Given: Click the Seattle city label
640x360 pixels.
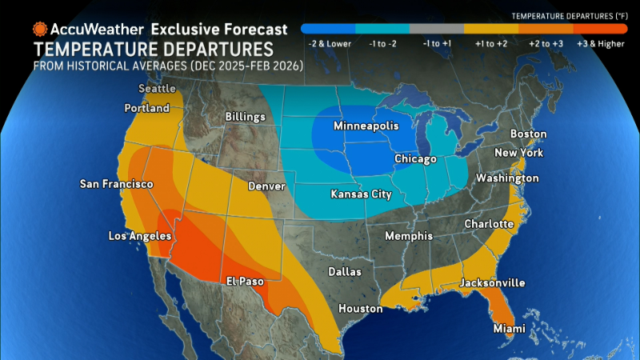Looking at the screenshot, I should point(157,88).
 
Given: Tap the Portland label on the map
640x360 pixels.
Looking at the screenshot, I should point(147,108).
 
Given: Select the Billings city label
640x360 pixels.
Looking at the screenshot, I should point(245,117).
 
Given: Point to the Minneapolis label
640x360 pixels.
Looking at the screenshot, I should point(366,126).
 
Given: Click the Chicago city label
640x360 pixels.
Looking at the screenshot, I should point(415,159).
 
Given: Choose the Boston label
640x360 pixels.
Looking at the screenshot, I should point(528,134).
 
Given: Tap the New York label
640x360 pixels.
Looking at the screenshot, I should point(518,153).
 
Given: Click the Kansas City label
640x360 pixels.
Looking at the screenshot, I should point(366,194).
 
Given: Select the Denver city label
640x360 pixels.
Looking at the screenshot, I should point(266,186).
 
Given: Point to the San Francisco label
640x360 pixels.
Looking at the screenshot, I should point(116,184).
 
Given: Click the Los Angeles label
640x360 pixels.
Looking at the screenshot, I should point(140,236).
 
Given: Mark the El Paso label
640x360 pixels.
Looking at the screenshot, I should point(245,281).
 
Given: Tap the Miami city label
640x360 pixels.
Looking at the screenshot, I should point(509,329).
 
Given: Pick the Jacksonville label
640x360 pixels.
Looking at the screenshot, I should point(491,283).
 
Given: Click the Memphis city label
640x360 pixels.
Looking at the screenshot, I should point(408,236).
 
